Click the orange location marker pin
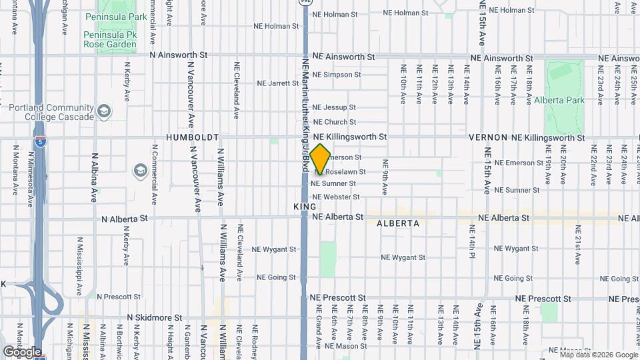point(320,158)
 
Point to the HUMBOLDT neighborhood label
point(192,137)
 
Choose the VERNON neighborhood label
point(489,137)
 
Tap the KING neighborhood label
point(304,207)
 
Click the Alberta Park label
point(559,100)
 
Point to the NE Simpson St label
point(337,75)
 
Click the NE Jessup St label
point(334,107)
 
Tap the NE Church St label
point(335,122)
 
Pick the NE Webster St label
point(336,197)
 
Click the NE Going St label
point(276,277)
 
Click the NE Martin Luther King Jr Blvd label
point(305,113)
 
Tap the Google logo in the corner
point(21,351)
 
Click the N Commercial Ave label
point(154,179)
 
